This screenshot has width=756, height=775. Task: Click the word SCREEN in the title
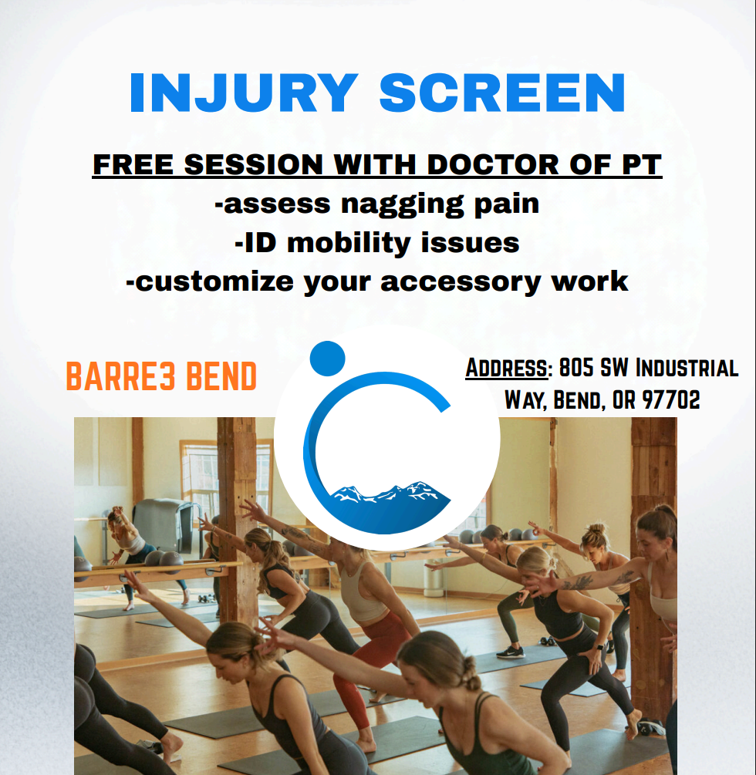[x=502, y=93]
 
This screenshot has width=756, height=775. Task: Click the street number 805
[x=576, y=368]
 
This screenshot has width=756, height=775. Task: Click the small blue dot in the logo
[x=327, y=358]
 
